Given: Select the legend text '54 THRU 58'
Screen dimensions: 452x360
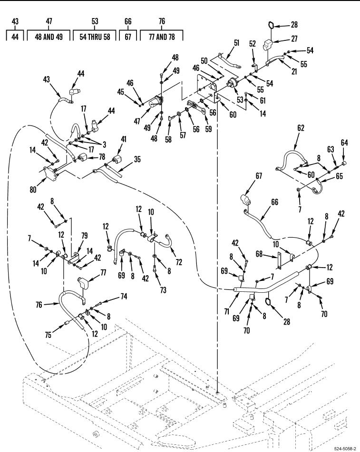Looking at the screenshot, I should click(x=95, y=37).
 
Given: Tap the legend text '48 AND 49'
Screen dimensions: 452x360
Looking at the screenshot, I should click(x=49, y=37).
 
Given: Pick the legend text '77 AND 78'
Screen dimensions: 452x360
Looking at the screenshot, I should click(x=162, y=37).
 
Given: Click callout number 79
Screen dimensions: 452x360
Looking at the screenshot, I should click(x=85, y=235).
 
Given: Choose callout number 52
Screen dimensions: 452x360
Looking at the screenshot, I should click(x=252, y=43).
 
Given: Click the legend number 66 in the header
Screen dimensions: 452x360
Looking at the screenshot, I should click(x=127, y=21).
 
